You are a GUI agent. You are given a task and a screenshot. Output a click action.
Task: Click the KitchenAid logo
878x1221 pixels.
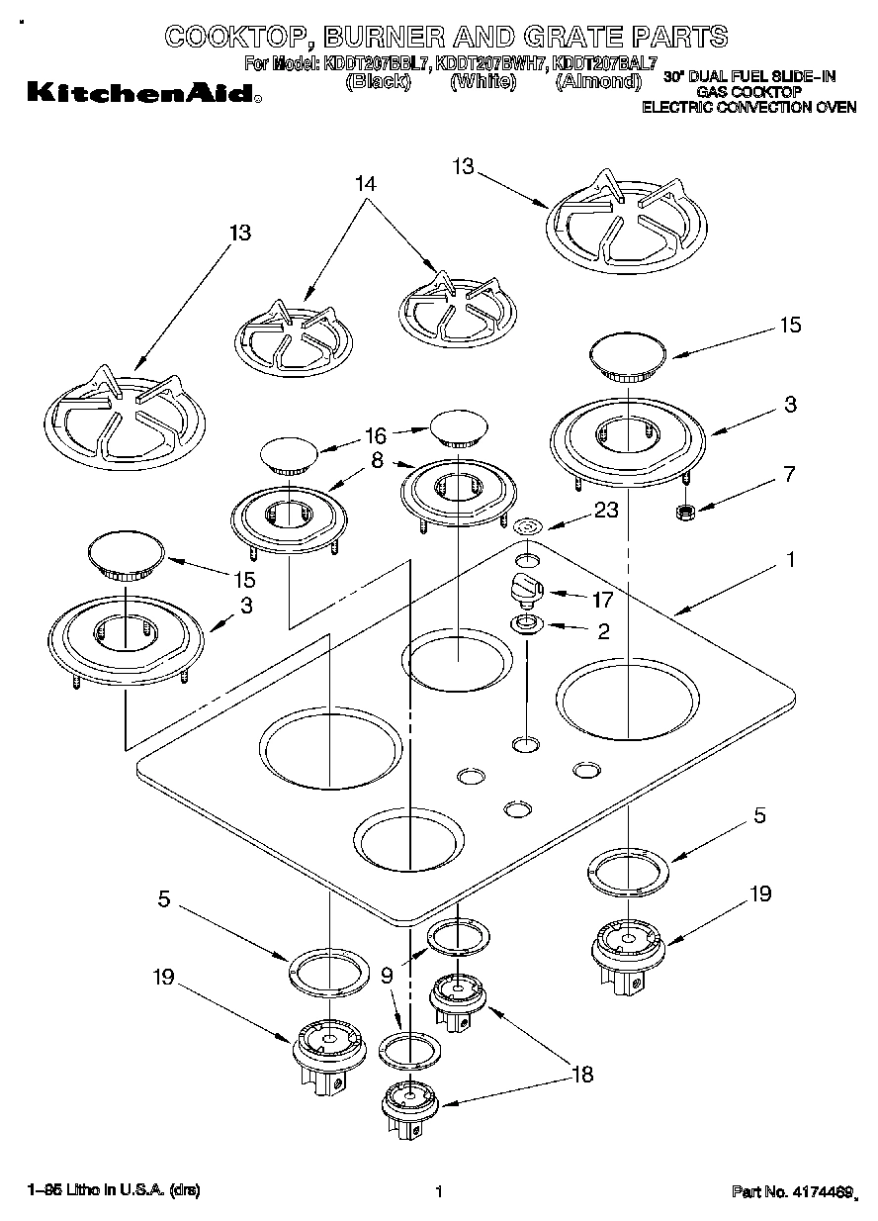[x=143, y=95]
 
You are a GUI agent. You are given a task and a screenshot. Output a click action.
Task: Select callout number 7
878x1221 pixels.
[x=788, y=474]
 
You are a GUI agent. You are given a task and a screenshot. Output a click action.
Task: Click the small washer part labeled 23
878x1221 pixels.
[x=529, y=526]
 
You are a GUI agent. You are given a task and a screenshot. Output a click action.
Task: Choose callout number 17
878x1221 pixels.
[x=600, y=599]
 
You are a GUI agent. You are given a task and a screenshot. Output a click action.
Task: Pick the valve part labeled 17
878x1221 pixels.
[x=525, y=587]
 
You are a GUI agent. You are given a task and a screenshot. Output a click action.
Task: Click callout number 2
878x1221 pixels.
[x=603, y=630]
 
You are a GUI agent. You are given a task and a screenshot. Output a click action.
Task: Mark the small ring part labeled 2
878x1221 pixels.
[x=525, y=624]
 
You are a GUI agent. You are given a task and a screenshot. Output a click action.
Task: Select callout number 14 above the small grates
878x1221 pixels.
[x=365, y=183]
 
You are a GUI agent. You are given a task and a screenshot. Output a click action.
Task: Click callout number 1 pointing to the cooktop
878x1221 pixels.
[x=789, y=559]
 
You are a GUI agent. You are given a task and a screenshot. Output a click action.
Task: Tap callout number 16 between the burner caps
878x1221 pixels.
[x=375, y=435]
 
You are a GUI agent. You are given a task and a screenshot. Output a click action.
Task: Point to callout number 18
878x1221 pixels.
[x=582, y=1076]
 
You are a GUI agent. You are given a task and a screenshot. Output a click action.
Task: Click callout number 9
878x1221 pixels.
[x=387, y=975]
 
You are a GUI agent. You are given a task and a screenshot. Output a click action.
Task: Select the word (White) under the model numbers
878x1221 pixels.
[x=483, y=82]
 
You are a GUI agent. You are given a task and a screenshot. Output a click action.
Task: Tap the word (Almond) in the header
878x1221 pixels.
[x=598, y=82]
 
